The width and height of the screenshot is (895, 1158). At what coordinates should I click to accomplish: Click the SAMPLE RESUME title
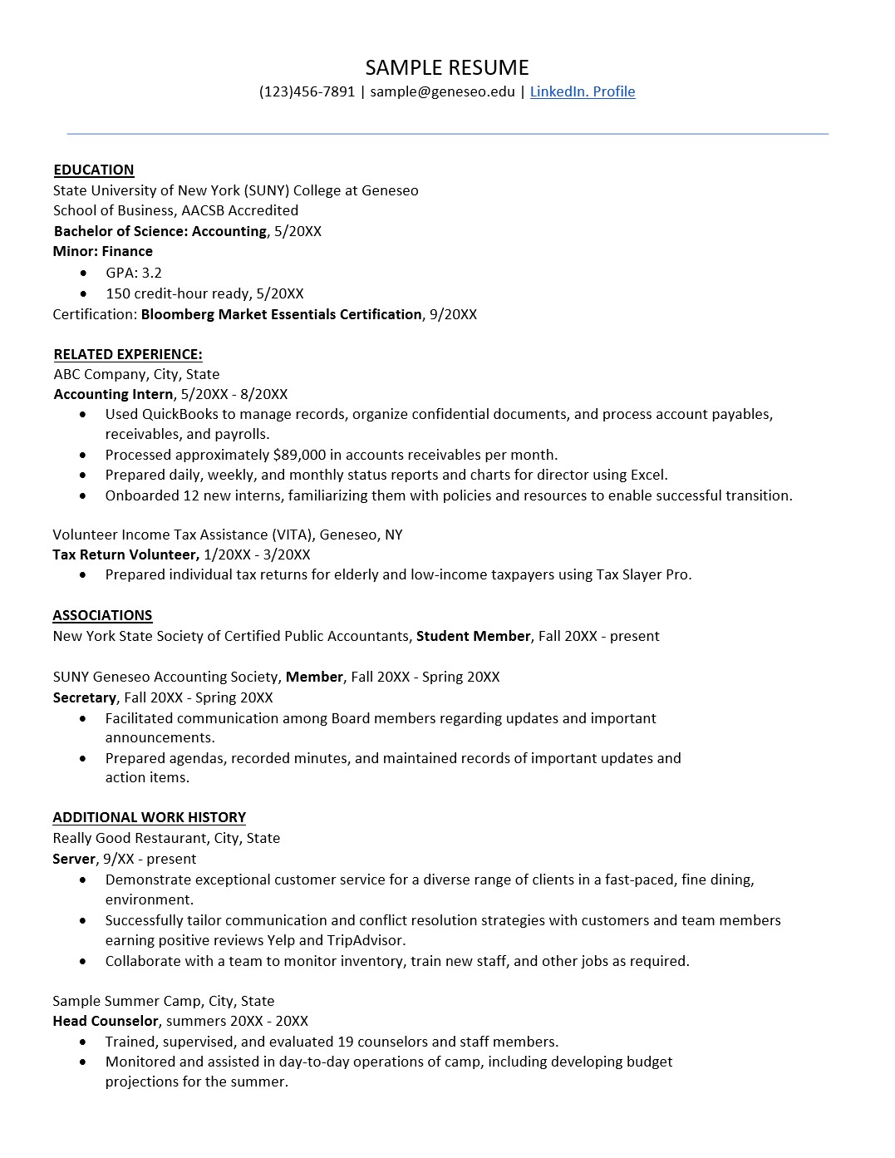[447, 67]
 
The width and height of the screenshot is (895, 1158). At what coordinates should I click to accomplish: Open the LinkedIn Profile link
[582, 91]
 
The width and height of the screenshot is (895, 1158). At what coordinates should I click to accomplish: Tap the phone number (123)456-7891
[307, 91]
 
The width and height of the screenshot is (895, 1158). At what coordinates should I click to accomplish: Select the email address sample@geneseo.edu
[442, 91]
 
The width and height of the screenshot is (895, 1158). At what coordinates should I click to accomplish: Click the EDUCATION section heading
[94, 170]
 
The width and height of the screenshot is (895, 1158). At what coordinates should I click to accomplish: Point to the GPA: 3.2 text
[134, 273]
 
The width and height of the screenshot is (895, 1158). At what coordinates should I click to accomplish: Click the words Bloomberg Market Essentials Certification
[281, 314]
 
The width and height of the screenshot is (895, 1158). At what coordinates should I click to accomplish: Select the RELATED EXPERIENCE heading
[128, 354]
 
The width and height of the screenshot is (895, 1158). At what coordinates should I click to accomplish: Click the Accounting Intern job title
[113, 394]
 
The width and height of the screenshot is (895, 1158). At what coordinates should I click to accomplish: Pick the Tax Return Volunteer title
[125, 554]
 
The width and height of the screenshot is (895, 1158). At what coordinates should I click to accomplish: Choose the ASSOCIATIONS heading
[102, 615]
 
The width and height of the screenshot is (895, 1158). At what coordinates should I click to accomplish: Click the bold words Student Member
[473, 636]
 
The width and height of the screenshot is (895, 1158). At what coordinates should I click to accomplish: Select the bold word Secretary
[84, 697]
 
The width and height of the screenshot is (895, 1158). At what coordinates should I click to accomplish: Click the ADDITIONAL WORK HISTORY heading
[149, 817]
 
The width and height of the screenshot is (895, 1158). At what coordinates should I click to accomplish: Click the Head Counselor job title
[105, 1021]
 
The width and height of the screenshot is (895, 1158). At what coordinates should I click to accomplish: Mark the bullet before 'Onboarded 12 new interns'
[83, 496]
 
